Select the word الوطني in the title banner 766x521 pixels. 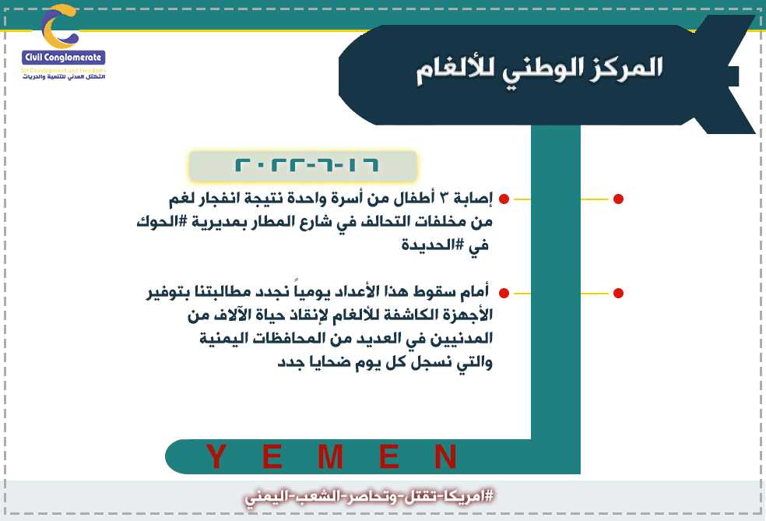point(544,69)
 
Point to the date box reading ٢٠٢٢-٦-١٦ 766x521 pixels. point(303,166)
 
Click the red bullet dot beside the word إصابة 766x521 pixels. point(504,199)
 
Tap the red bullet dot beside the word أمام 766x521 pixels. point(504,294)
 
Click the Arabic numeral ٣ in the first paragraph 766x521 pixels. point(444,198)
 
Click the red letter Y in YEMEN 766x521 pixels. point(216,456)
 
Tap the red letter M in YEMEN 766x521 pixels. point(330,456)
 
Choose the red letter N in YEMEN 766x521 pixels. point(445,456)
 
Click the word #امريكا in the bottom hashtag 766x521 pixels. point(469,497)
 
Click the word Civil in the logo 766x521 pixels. point(33,58)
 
